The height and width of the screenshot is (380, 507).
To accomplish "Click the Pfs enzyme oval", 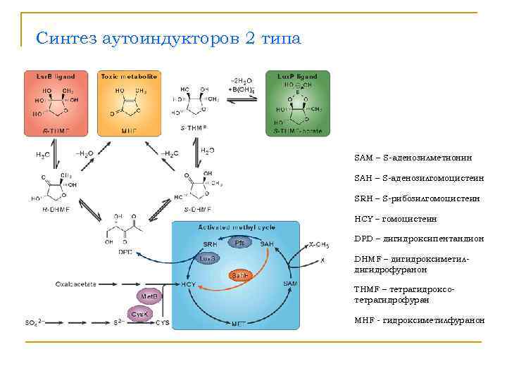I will click(239, 242).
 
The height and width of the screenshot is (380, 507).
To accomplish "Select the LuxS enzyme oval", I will click(207, 258).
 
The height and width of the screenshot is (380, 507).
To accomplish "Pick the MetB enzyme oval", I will click(149, 296).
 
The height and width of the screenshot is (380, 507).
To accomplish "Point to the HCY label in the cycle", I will click(188, 284).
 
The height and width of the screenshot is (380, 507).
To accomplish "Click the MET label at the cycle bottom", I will click(239, 324).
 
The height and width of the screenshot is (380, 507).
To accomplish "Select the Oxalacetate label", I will click(77, 284).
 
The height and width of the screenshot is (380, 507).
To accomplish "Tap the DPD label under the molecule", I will click(125, 251).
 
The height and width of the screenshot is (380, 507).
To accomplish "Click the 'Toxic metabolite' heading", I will click(128, 76).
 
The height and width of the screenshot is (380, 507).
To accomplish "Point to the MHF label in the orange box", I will click(129, 130).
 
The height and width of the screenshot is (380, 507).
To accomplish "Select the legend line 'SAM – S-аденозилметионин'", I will click(408, 157).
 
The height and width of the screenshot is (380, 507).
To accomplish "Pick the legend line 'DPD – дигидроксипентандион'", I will click(419, 239).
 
